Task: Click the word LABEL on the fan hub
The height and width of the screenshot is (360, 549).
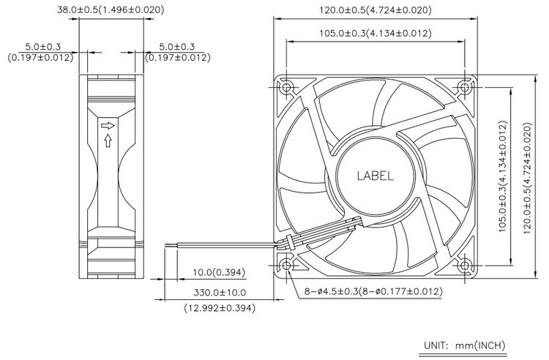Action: coord(375,176)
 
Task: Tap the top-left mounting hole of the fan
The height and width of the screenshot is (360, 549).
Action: coord(286,87)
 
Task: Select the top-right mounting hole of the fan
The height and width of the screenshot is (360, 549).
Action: coord(464,87)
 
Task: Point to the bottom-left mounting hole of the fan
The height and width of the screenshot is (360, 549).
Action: coord(286,266)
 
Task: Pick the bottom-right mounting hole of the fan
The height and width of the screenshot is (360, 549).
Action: coord(464,266)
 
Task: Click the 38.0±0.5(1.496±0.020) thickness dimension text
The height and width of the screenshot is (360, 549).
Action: coord(111,10)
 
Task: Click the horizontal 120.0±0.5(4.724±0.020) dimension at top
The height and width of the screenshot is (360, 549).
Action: coord(376,10)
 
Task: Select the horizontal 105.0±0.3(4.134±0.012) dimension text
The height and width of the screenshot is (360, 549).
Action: coord(376,33)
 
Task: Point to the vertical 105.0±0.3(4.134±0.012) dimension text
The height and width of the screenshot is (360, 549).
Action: coord(503,177)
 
